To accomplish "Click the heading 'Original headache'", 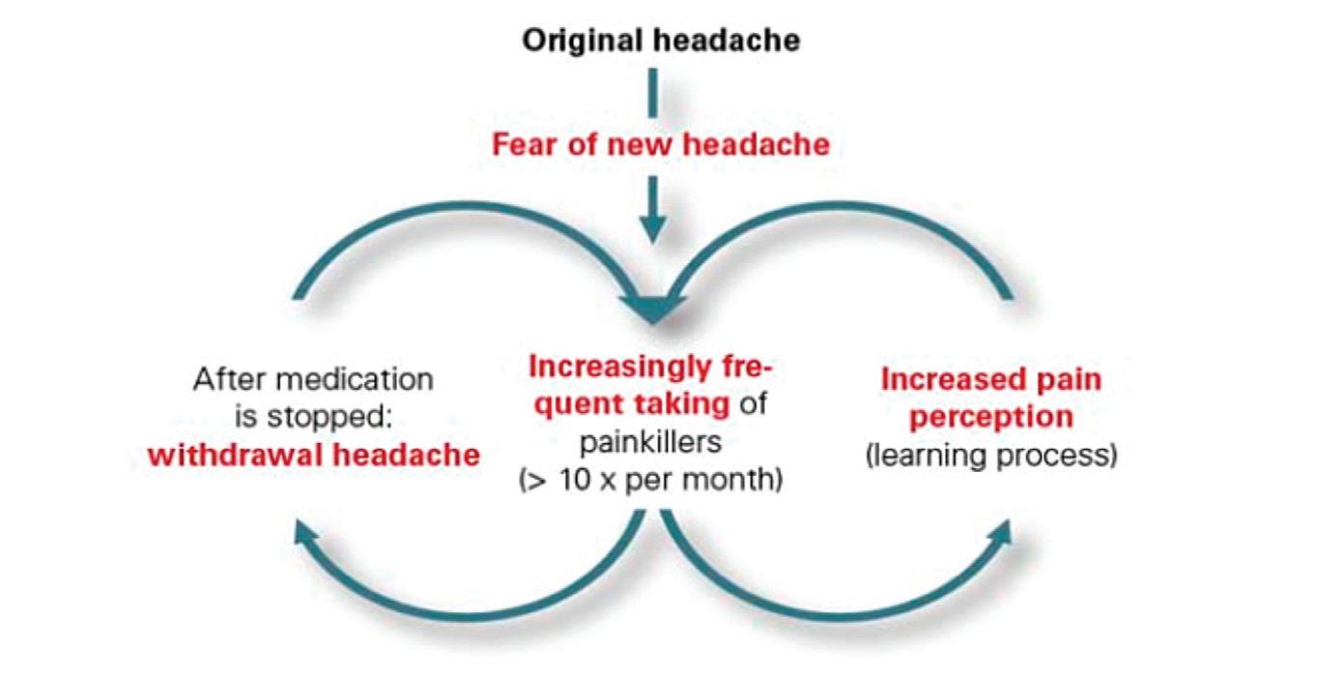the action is pos(661,42).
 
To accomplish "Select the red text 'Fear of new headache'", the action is pos(660,145).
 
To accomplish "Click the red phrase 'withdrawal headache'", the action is pos(314,455).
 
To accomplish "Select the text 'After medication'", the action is pos(313,379).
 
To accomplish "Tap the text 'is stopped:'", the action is pos(313,417).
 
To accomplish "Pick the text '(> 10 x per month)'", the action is pos(650,480).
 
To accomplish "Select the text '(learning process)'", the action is pos(990,456).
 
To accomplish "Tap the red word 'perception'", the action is pos(990,417).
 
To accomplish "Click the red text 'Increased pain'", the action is pos(990,379).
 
